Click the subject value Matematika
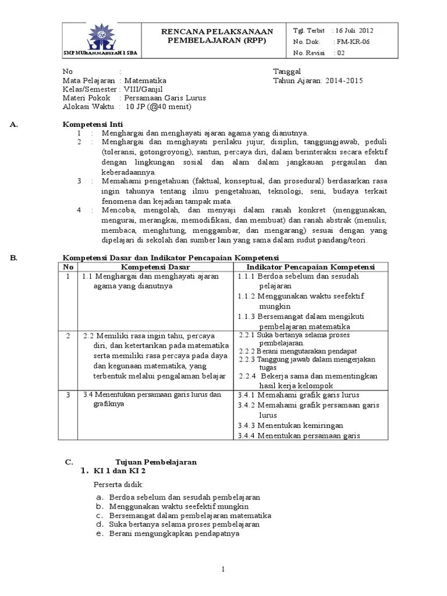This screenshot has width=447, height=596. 145,81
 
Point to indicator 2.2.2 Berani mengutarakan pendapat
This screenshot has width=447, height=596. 299,351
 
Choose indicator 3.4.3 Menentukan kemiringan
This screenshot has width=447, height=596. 290,425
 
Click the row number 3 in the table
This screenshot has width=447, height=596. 68,395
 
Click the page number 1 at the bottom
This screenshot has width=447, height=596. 223,569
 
